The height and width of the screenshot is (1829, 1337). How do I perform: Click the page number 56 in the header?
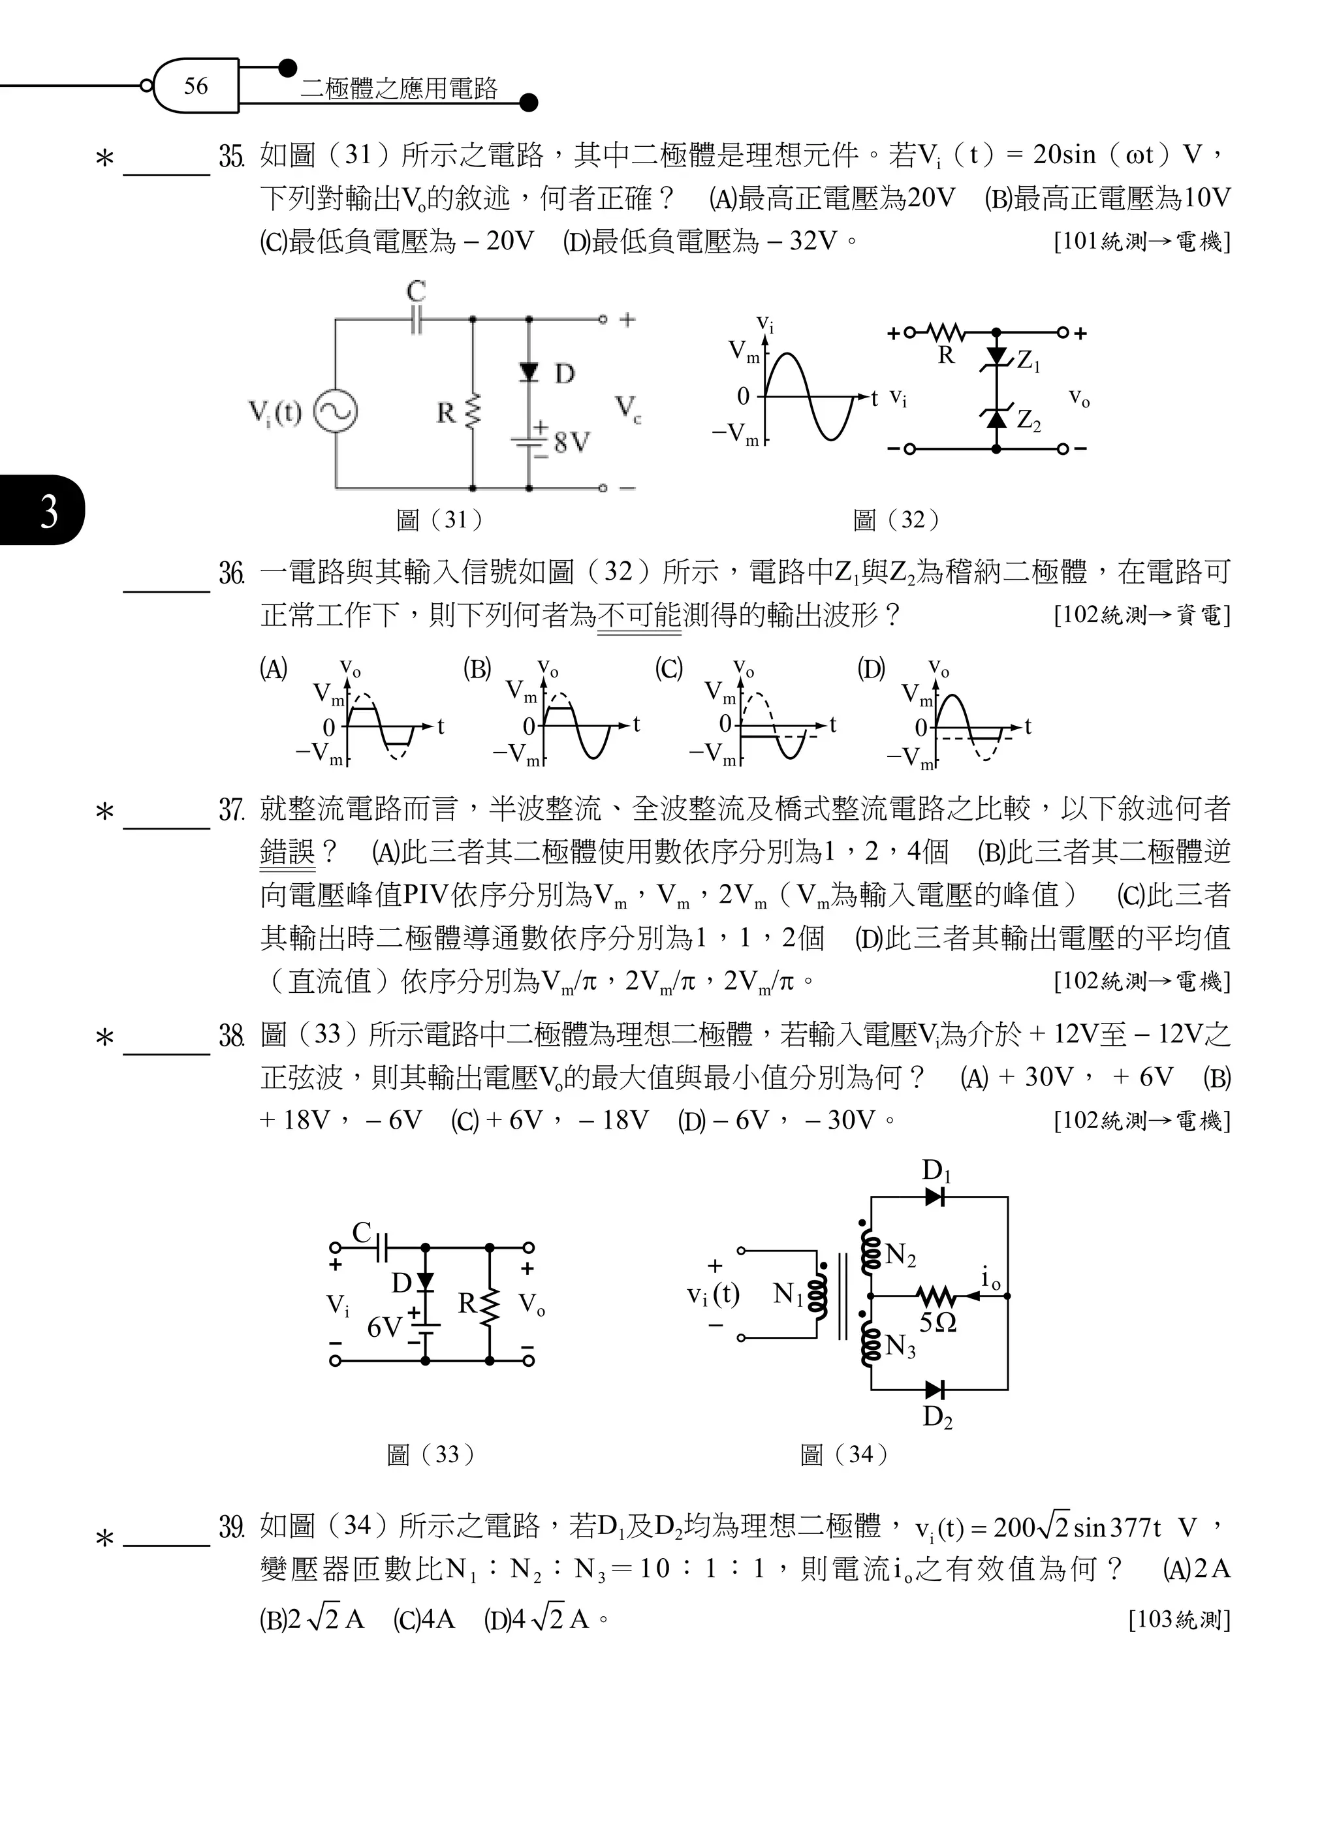coord(196,86)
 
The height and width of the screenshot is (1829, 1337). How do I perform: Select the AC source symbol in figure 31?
coord(335,411)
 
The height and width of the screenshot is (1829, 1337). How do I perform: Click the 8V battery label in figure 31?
coord(572,442)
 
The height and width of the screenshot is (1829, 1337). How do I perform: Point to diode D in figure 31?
coord(529,371)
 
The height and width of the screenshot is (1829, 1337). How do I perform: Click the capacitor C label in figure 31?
coord(416,291)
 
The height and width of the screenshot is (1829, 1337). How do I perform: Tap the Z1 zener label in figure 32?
coord(1028,361)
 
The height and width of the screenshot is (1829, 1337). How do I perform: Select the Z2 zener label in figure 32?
coord(1028,421)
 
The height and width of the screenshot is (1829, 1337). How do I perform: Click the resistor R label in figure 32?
coord(945,354)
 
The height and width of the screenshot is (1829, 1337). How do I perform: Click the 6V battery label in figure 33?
coord(384,1327)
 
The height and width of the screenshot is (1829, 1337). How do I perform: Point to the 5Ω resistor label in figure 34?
coord(937,1322)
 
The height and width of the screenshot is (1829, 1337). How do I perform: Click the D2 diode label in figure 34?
coord(937,1416)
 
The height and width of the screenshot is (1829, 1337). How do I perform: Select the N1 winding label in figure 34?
coord(787,1294)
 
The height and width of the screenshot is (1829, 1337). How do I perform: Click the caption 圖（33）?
coord(431,1454)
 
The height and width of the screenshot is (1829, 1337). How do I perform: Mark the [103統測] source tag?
coord(1178,1619)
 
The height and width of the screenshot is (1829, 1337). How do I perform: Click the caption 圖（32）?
coord(896,520)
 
